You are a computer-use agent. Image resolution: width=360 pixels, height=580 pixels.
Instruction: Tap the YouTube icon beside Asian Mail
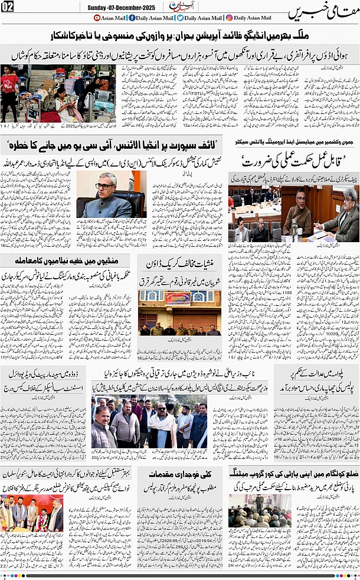click(98, 18)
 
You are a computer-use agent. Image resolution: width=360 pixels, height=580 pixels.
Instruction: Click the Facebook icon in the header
click(132, 18)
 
